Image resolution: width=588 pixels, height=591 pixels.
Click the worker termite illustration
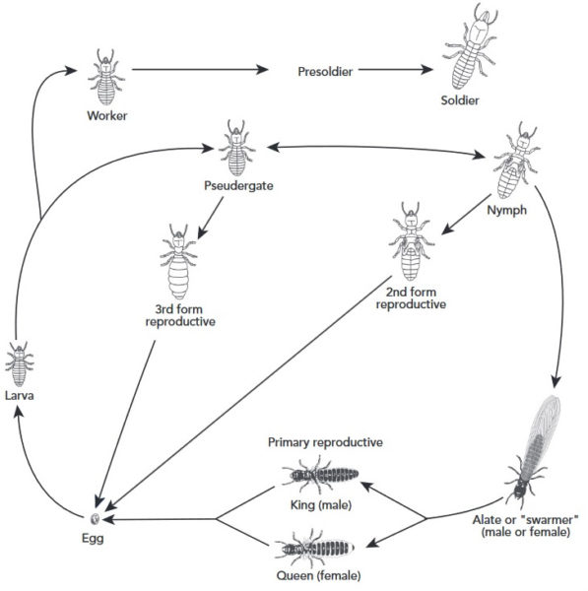pyautogui.click(x=105, y=75)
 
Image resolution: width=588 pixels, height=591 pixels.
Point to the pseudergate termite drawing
pyautogui.click(x=236, y=147)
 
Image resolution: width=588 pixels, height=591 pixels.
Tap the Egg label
pyautogui.click(x=95, y=539)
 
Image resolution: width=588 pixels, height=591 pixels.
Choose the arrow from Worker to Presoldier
pyautogui.click(x=198, y=70)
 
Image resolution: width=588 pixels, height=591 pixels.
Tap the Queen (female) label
pyautogui.click(x=318, y=574)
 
